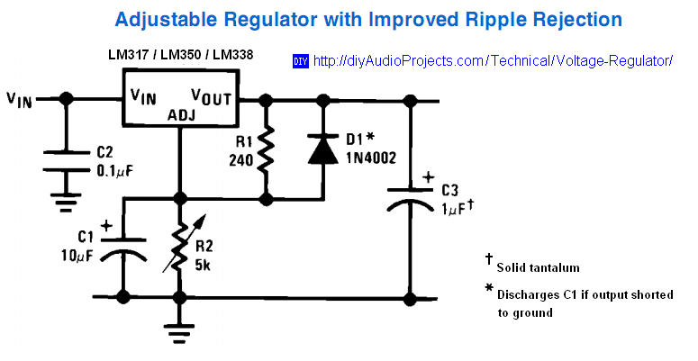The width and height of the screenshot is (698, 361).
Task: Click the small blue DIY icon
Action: pos(300,61)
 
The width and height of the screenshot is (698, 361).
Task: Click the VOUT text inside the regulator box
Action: pos(214,95)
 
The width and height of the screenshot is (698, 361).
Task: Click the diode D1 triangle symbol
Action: pos(322,149)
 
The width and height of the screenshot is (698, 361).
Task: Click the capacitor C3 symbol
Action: pos(412,198)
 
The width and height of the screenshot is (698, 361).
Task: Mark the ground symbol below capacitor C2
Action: pos(66,199)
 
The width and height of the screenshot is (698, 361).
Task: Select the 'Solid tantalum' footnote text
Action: pos(537,267)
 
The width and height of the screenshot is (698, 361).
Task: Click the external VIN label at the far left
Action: pos(20,100)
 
